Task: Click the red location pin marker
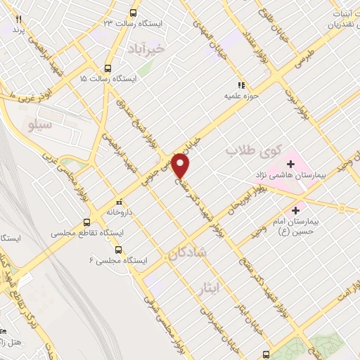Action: coord(181,166)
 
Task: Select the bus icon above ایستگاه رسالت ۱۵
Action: coord(108,68)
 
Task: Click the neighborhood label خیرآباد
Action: coord(146,49)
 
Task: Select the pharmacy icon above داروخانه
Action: coord(119,200)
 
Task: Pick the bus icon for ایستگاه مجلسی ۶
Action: coord(117,250)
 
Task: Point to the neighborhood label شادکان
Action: coord(184,255)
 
